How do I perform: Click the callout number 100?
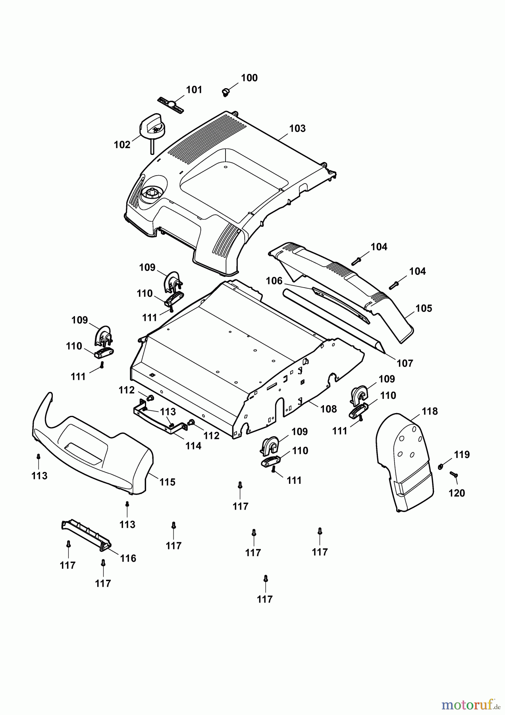click(x=249, y=78)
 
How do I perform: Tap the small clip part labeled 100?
click(x=226, y=92)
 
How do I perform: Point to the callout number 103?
click(x=297, y=129)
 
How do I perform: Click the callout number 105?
click(x=424, y=309)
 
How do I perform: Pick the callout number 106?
click(x=274, y=281)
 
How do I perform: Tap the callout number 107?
click(x=405, y=363)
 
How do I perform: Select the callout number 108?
click(x=328, y=409)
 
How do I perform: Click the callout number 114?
click(x=193, y=446)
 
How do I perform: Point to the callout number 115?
click(x=167, y=482)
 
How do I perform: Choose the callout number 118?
click(x=430, y=412)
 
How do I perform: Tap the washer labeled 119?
click(x=441, y=466)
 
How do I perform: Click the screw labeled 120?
click(x=454, y=474)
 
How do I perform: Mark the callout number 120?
click(x=457, y=493)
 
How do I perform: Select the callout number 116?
click(x=128, y=558)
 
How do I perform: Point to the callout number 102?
click(x=122, y=145)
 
